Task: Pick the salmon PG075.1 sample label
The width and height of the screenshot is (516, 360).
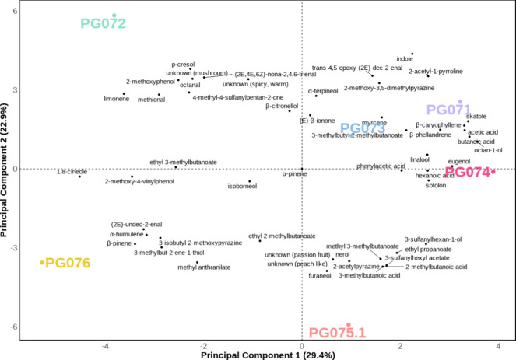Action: tap(337, 333)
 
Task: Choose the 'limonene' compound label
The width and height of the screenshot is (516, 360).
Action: tap(115, 100)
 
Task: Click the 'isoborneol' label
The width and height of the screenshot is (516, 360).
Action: tap(241, 187)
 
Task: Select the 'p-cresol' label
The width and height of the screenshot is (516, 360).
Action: tap(183, 65)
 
